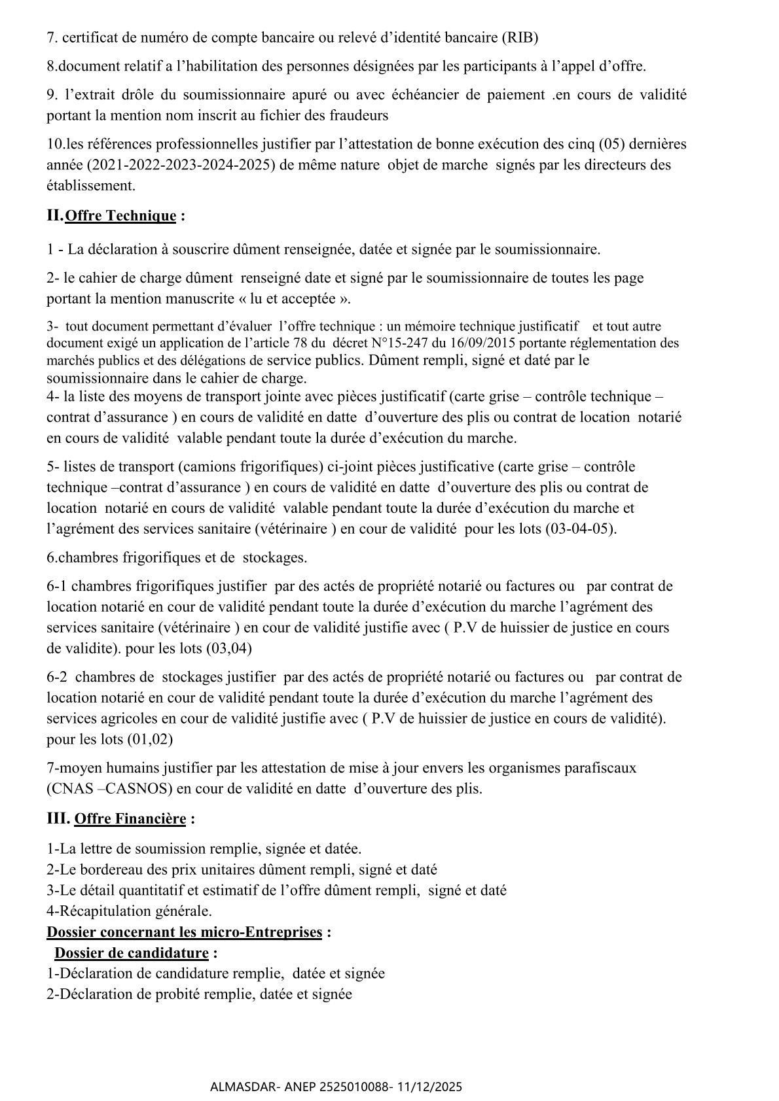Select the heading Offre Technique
(x=121, y=216)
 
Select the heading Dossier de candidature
(x=131, y=952)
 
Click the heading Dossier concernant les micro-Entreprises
(x=184, y=932)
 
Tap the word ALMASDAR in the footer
(x=239, y=1087)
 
